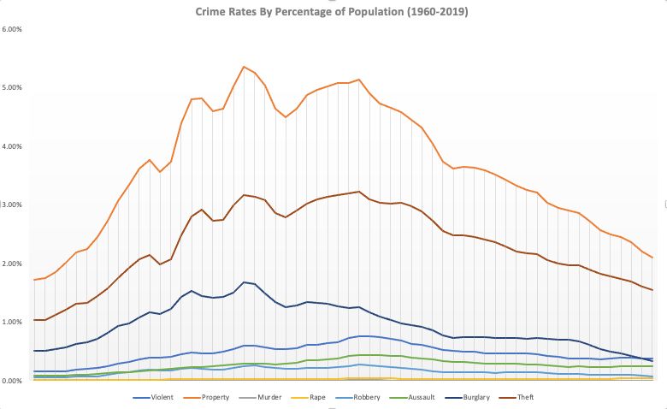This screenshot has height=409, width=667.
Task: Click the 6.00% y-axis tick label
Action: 14,30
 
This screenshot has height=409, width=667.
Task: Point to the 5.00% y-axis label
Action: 14,88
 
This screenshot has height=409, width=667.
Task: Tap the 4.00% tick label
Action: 14,146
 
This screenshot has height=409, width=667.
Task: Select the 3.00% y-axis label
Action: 14,205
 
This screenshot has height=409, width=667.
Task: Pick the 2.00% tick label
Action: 14,264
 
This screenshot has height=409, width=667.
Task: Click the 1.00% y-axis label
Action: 14,322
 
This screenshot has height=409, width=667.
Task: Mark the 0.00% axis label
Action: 14,380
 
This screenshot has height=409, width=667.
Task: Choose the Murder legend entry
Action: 274,397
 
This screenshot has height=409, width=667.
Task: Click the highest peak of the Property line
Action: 244,67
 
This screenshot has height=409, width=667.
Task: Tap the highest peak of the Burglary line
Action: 244,282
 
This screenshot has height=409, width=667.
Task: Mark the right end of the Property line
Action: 652,258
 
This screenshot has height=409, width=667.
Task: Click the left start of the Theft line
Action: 34,319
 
